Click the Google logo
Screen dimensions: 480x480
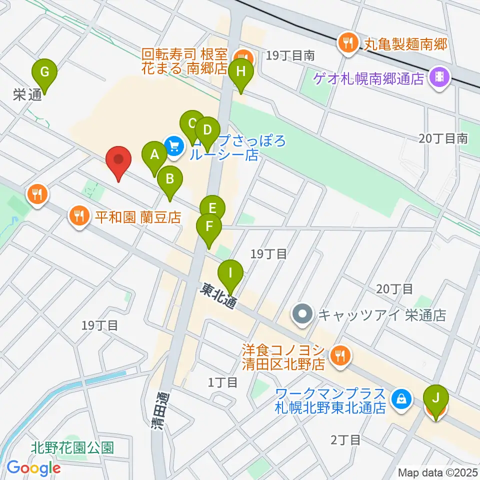(33, 467)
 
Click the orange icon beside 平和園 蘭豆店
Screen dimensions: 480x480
(79, 216)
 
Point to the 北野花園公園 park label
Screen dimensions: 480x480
(73, 447)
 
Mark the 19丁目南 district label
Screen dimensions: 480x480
(290, 55)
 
